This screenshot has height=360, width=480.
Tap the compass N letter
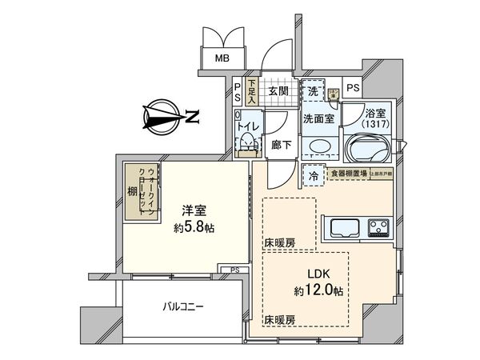point(192,118)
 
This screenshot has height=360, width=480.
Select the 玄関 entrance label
point(278,91)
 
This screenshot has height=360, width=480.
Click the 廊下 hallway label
point(279,145)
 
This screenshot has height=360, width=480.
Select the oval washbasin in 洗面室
point(319,147)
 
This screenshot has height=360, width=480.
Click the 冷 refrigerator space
point(314,174)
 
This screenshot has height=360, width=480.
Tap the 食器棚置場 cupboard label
point(348,172)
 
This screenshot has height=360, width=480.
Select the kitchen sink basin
point(342,226)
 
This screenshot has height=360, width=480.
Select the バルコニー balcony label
point(184,306)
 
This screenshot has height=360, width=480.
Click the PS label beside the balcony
point(234,270)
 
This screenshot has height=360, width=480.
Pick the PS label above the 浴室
point(353,88)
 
